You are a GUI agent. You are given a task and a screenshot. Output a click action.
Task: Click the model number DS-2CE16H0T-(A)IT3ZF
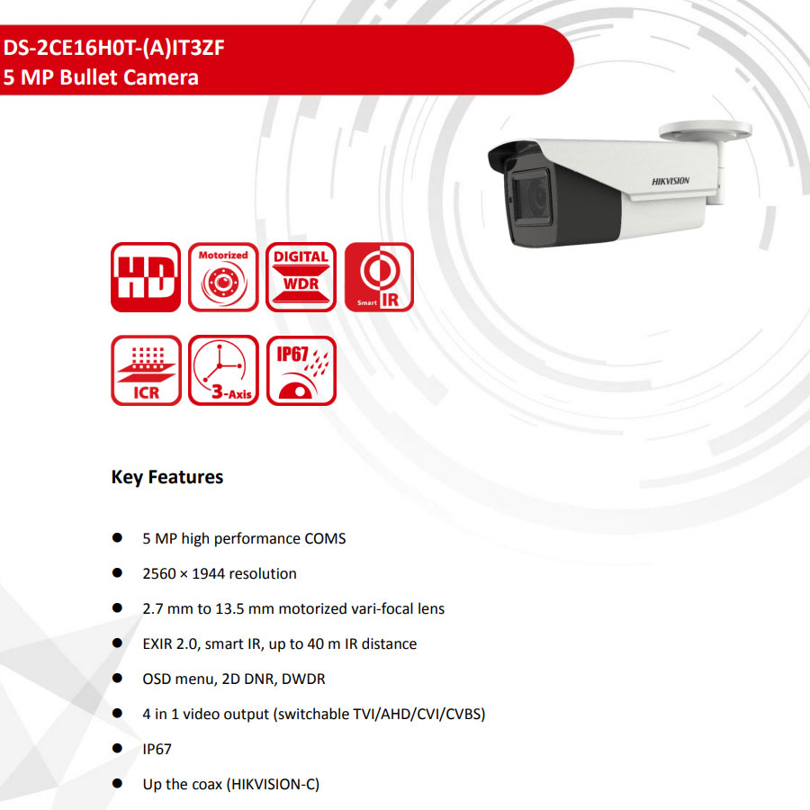pos(113,48)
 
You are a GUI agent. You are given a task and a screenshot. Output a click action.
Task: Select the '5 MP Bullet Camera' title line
pos(101,77)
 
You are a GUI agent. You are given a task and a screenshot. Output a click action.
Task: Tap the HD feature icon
pos(146,277)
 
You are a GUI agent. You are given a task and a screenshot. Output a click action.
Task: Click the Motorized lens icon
pos(223,277)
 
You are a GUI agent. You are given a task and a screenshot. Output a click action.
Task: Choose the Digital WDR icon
pos(301,277)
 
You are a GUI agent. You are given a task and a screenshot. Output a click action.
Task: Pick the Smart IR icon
pos(379,277)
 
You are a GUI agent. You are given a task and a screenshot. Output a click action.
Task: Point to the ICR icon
pos(146,371)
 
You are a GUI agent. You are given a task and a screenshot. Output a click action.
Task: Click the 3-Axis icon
pos(223,371)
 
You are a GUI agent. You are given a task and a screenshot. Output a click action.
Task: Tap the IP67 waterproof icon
pos(301,371)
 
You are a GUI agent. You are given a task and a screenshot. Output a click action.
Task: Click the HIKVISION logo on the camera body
pos(670,181)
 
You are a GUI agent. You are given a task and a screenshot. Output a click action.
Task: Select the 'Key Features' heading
pos(167,477)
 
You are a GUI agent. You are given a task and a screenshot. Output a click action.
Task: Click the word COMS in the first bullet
pos(325,538)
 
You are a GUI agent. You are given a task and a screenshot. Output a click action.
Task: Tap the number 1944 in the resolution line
pos(208,573)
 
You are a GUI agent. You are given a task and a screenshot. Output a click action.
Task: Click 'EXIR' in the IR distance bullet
pos(157,643)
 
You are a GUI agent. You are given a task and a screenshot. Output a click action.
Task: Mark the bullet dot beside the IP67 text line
pos(117,748)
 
